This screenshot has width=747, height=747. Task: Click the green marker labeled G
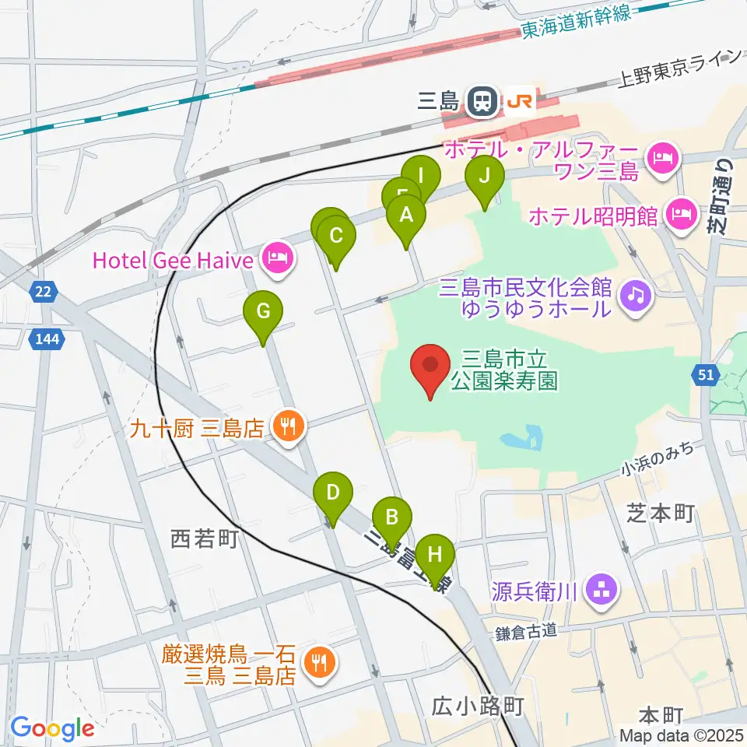(x=263, y=313)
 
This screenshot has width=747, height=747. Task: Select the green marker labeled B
(x=392, y=517)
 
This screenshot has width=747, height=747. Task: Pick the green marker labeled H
(x=434, y=556)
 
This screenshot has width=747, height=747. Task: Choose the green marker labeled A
(x=406, y=216)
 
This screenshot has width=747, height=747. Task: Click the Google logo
(x=52, y=728)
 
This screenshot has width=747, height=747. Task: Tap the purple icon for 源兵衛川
(x=601, y=589)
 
